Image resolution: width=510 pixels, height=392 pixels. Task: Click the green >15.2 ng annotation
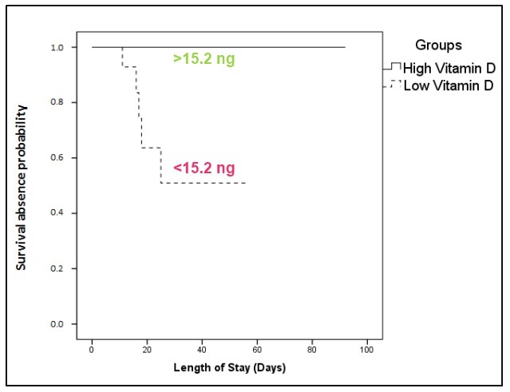click(x=204, y=58)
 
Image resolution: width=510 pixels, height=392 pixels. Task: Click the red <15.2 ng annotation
click(x=204, y=168)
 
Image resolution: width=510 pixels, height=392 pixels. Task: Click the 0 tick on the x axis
click(x=92, y=350)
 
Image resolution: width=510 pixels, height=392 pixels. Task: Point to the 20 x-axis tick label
click(x=147, y=350)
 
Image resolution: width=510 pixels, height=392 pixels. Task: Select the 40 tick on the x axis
click(x=202, y=350)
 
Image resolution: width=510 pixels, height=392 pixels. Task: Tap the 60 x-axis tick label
click(x=257, y=350)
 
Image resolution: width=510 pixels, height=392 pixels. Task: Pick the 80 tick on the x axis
click(x=312, y=350)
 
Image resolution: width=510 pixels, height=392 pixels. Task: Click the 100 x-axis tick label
click(x=367, y=350)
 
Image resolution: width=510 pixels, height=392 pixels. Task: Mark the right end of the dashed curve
click(x=246, y=184)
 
